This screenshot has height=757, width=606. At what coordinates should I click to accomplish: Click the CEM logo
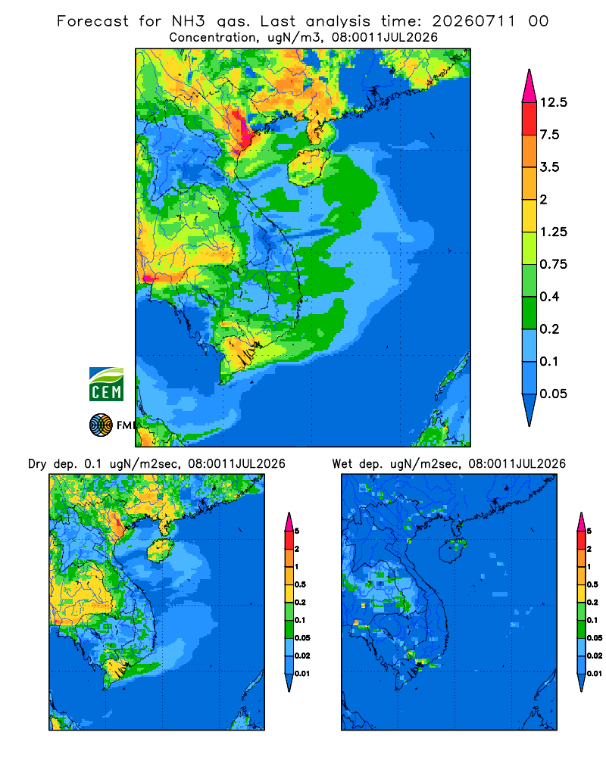pos(106,384)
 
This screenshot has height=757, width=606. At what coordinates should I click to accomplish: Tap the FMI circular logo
pos(101,425)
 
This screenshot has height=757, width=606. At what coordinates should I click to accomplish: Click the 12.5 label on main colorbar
pos(553,102)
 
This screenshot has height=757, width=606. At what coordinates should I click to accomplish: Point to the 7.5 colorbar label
pos(549,135)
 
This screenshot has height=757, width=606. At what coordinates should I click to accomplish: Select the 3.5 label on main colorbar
pos(549,167)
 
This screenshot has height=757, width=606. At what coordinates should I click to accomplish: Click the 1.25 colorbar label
pos(553,232)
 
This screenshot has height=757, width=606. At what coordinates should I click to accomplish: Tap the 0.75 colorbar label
pos(553,264)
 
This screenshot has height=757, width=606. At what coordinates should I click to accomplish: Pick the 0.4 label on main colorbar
pos(549,297)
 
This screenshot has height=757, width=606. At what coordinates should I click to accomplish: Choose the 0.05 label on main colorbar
pos(553,394)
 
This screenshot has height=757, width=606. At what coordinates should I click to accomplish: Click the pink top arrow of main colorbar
pos(529,87)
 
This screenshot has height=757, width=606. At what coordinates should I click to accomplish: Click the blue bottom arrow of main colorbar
pos(529,410)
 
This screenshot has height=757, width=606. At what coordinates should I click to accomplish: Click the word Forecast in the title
pos(92,21)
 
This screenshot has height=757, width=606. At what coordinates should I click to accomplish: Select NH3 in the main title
pos(189,21)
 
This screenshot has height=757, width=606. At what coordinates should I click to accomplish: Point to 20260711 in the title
pos(473,21)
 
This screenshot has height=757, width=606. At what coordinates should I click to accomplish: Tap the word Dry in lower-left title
pos(37,464)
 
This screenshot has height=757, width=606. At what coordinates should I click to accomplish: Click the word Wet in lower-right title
pos(342,464)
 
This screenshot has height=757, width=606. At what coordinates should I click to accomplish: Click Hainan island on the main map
pos(308,167)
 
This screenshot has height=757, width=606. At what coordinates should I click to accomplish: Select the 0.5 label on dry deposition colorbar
pos(300,584)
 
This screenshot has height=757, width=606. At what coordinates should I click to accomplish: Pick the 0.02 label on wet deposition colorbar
pos(595,656)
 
